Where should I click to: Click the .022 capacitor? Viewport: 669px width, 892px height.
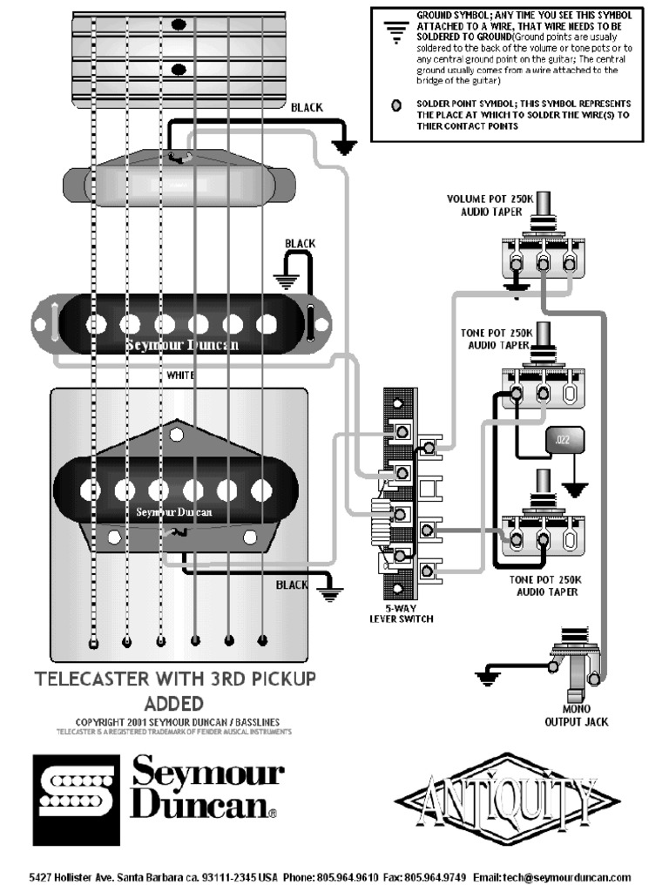point(562,441)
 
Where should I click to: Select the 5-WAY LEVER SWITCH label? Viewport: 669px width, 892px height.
point(401,613)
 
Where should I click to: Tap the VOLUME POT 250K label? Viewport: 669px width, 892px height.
point(485,205)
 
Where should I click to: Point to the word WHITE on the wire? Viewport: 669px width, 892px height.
point(181,375)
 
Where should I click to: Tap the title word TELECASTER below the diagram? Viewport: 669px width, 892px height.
point(107,679)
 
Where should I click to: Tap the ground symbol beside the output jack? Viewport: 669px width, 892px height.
point(489,674)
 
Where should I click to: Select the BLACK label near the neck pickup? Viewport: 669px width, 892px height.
point(306,108)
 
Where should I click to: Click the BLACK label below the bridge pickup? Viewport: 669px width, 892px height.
point(292,585)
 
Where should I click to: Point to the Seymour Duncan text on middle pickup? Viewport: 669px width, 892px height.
point(181,345)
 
